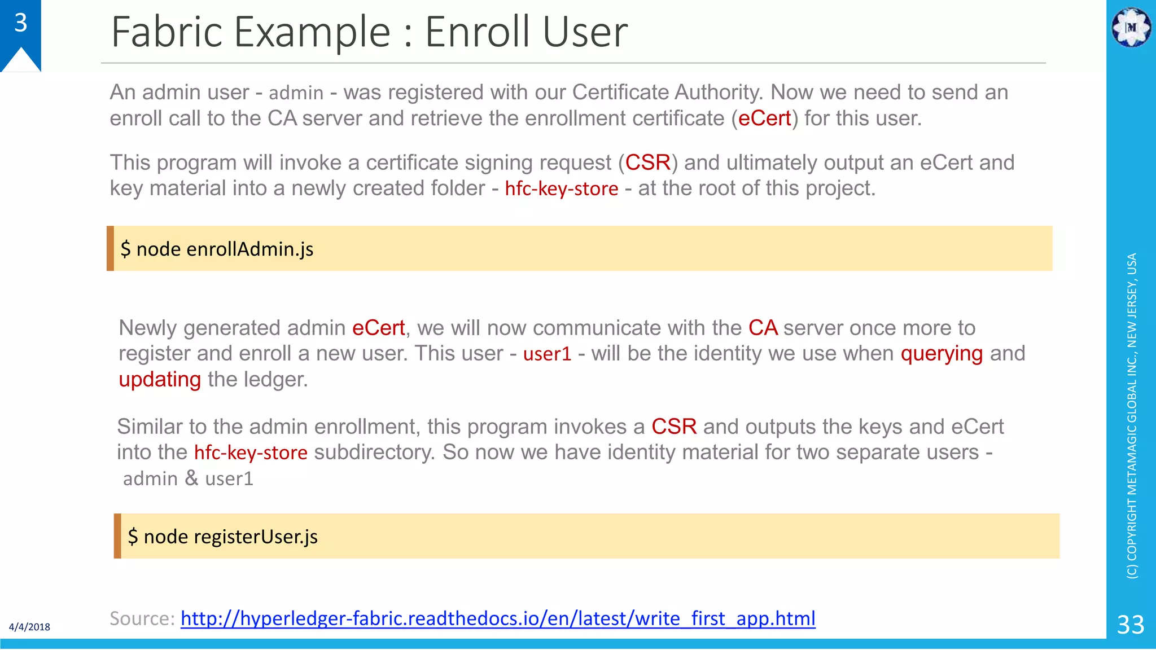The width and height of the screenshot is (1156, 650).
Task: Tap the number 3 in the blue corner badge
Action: point(21,23)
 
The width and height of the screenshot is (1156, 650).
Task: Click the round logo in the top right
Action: point(1131,27)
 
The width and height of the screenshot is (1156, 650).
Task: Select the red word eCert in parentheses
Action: point(764,118)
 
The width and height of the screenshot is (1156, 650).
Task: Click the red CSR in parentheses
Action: point(647,162)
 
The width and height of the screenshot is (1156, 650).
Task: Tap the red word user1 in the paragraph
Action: point(547,354)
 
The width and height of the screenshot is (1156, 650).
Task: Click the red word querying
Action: point(942,354)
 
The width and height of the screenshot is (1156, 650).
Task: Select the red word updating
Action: point(160,380)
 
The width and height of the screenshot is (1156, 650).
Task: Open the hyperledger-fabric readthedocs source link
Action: point(498,618)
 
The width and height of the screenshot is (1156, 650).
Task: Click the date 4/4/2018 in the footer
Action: point(29,627)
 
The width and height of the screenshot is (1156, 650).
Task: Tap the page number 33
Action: point(1131,625)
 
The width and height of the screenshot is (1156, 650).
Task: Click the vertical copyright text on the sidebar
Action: point(1132,416)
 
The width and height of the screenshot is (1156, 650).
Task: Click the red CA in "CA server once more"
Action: point(763,328)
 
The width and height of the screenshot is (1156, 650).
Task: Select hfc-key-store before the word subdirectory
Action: point(251,453)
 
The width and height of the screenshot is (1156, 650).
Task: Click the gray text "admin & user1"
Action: point(188,478)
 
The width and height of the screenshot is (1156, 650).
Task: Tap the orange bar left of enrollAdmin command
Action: point(110,248)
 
